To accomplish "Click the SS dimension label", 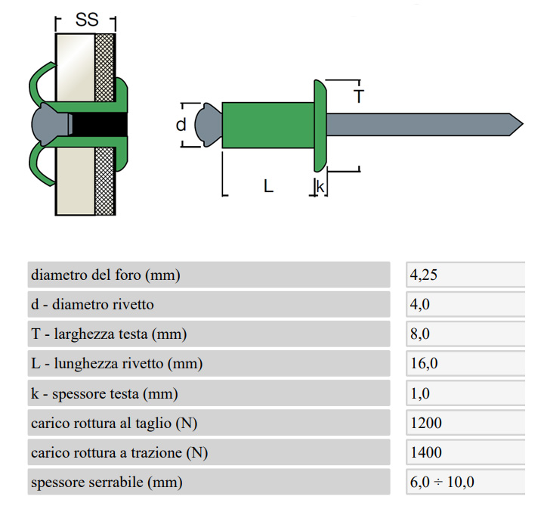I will pos(87,20).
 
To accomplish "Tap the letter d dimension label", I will pos(181,124).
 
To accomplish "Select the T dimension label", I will pos(359,96).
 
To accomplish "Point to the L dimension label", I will pos(268,185).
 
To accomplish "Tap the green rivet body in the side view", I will pos(267,125).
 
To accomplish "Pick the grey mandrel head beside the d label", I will pos(206,125).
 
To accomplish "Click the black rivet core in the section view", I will pos(98,124).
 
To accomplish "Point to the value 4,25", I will pos(424,275).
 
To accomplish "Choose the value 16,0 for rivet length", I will pos(423,364).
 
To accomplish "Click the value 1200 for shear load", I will pos(425,424).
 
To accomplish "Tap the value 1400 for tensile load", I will pos(425,453).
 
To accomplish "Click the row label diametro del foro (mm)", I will pos(106,275).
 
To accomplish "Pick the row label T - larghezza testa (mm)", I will pos(109,334).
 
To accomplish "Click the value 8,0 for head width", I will pos(420,334).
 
